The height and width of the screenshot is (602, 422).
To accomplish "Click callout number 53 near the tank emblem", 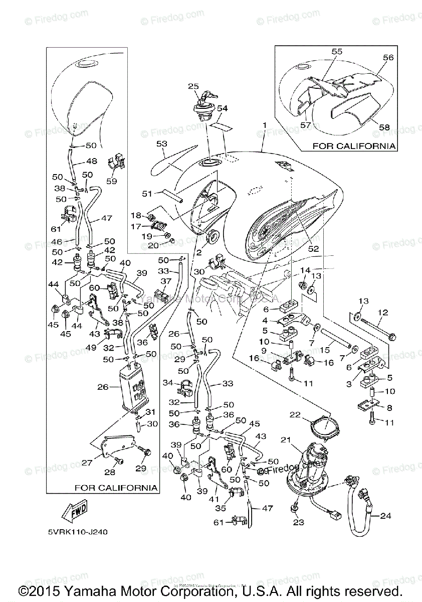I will [x=161, y=144].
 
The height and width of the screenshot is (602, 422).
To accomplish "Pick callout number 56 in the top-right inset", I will [x=388, y=58].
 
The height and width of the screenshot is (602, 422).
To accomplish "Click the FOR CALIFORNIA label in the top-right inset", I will [x=354, y=146].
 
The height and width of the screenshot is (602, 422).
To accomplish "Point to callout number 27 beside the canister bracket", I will [x=87, y=463].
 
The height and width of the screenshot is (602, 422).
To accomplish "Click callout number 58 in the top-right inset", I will [x=384, y=127].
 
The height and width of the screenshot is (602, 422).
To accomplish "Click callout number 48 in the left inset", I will [x=92, y=162].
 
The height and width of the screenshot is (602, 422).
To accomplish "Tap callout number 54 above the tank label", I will [x=223, y=108].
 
